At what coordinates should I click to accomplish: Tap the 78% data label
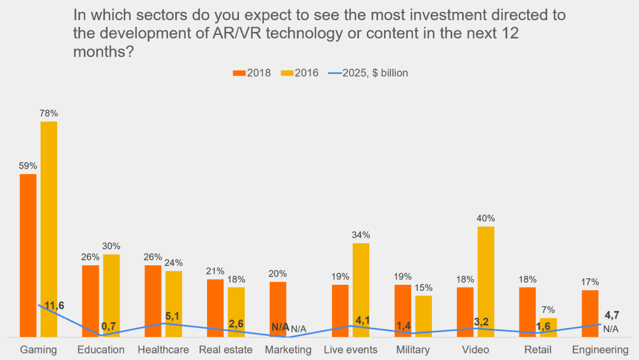click(x=49, y=113)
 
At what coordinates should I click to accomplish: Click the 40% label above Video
click(x=486, y=218)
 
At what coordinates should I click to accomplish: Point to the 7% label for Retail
click(x=548, y=310)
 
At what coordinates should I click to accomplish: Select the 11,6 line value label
click(x=54, y=306)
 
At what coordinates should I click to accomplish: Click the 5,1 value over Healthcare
click(x=173, y=317)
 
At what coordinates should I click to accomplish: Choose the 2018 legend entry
click(x=252, y=73)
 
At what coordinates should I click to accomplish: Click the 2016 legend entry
click(x=300, y=73)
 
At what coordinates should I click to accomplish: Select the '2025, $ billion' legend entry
click(x=369, y=73)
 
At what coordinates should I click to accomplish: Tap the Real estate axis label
click(x=225, y=349)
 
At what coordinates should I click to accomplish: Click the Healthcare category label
click(x=163, y=349)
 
